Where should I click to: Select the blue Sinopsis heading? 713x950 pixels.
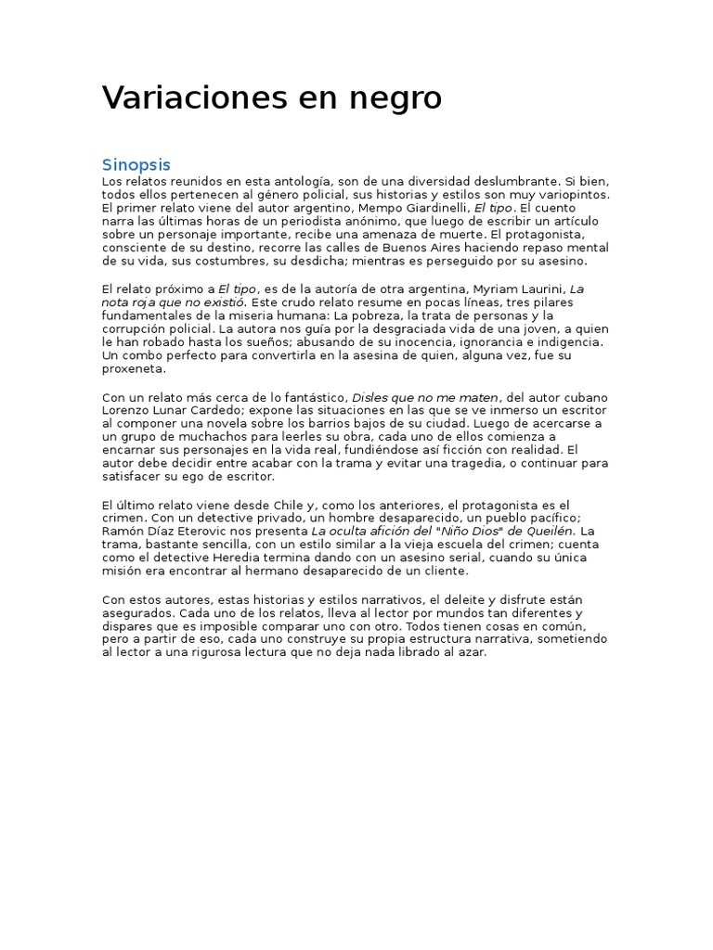point(136,164)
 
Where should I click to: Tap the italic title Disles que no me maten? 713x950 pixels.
point(425,397)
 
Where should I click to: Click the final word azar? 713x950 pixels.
point(472,652)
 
